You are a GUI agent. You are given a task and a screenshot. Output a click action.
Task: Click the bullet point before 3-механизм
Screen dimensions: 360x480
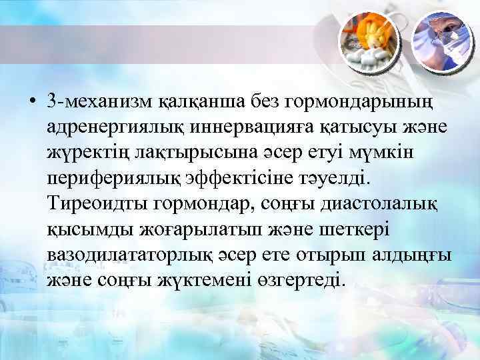tap(32, 101)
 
